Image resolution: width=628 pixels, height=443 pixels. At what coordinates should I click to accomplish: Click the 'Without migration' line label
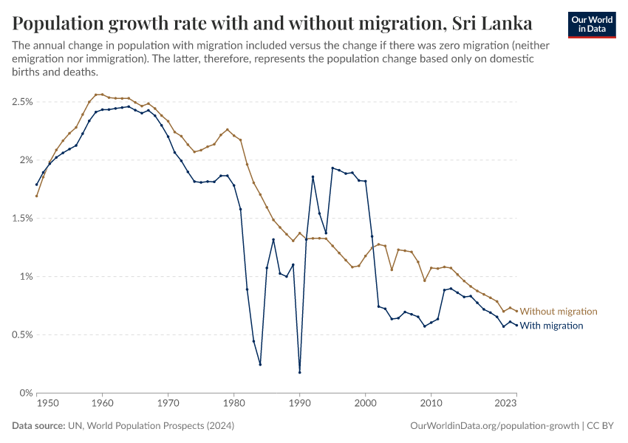tap(559, 312)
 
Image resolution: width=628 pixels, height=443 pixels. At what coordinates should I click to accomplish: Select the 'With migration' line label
tap(552, 326)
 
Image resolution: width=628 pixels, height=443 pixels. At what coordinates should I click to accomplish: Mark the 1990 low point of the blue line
tap(300, 372)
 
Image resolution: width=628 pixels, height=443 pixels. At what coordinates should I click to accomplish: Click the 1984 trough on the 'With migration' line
tap(260, 364)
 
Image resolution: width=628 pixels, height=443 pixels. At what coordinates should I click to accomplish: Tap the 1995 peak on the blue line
tap(332, 168)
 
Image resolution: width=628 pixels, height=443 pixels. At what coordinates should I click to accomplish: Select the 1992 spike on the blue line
tap(313, 176)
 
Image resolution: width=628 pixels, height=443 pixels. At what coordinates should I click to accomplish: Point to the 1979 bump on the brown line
tap(228, 129)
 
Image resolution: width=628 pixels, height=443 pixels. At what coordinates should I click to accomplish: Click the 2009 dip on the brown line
tap(425, 281)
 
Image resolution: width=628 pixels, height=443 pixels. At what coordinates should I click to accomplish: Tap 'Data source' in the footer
tap(37, 426)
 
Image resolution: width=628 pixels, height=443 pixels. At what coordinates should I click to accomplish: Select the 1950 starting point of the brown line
tap(36, 196)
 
